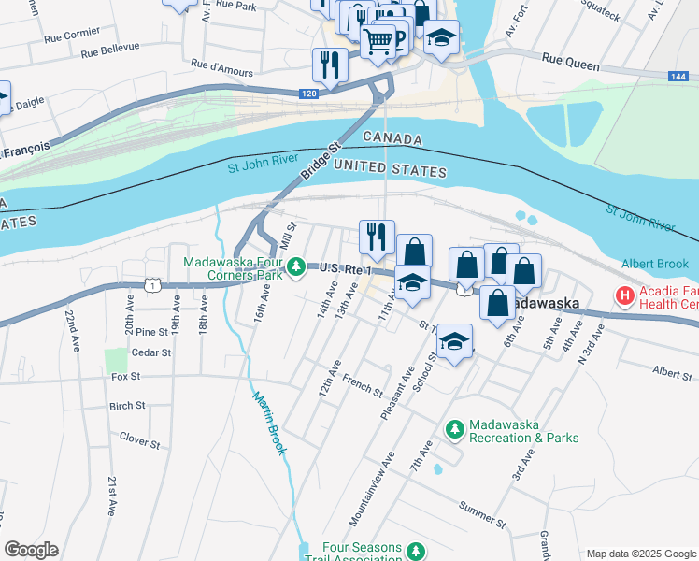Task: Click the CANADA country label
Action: click(x=392, y=138)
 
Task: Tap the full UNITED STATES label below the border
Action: click(x=390, y=170)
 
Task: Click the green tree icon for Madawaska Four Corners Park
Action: click(x=296, y=267)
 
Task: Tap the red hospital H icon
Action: click(x=623, y=296)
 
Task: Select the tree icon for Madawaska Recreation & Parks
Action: click(x=454, y=429)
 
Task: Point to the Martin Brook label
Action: click(x=267, y=422)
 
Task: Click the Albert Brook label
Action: click(x=656, y=264)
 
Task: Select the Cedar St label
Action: click(x=151, y=353)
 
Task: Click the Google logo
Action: click(x=31, y=550)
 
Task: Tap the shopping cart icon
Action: click(x=378, y=40)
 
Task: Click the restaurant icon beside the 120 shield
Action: click(x=330, y=64)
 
